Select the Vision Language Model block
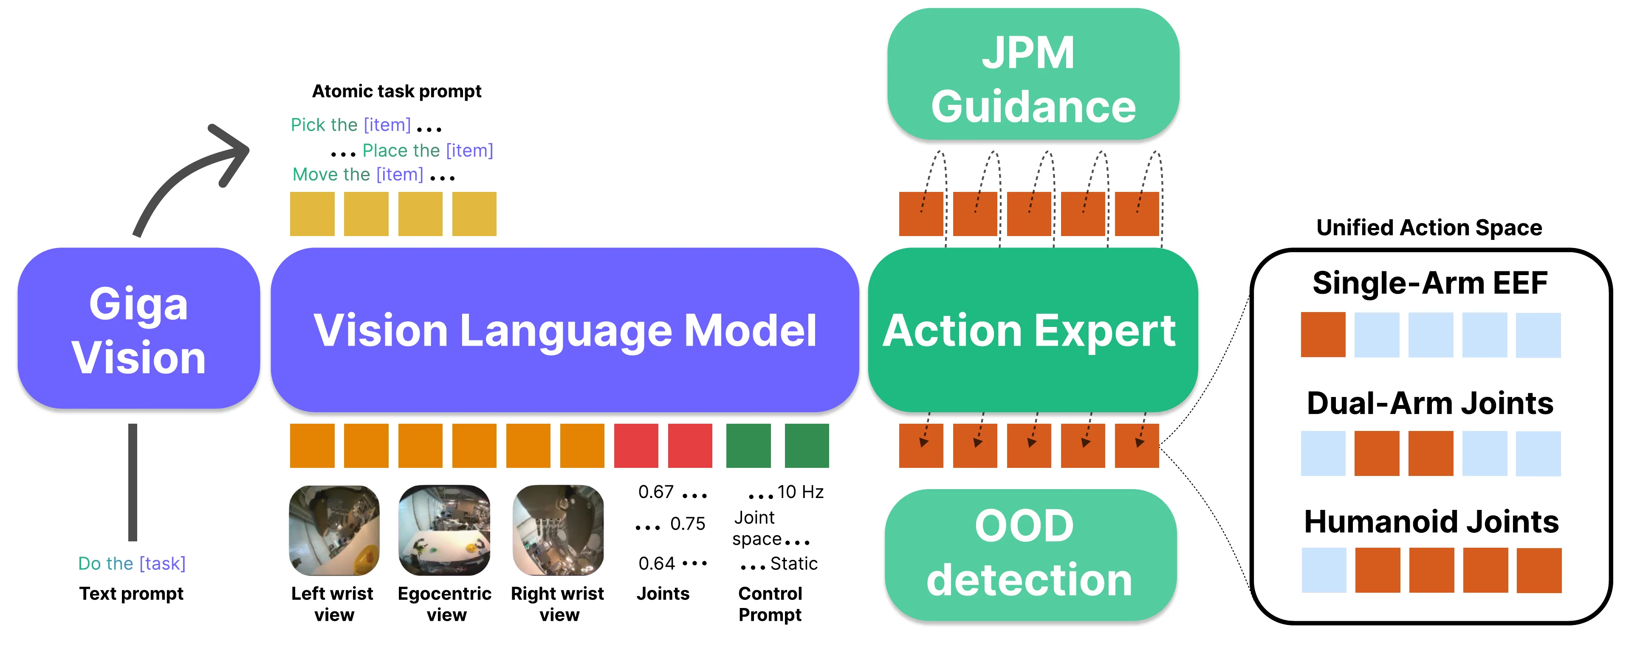[565, 330]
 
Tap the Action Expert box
[1032, 330]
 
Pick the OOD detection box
[1030, 554]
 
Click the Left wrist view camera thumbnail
[334, 530]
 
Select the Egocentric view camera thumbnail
[444, 530]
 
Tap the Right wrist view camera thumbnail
[558, 530]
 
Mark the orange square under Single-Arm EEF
[1323, 334]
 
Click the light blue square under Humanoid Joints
[1324, 570]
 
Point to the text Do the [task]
[132, 563]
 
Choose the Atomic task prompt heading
[397, 91]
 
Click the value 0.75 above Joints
[688, 524]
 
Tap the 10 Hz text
[800, 492]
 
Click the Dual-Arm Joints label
[1430, 403]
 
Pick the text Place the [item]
[427, 150]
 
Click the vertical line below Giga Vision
[133, 482]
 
